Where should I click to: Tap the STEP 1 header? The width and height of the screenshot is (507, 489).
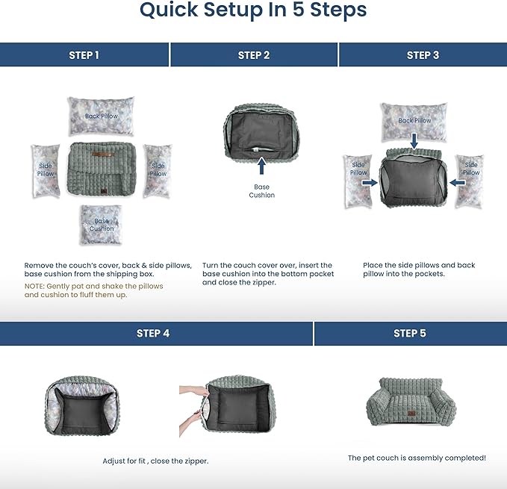(84, 55)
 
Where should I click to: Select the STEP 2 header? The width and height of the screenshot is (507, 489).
(254, 55)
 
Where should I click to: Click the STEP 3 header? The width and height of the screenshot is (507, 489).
(423, 55)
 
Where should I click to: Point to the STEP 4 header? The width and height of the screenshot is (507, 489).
(153, 334)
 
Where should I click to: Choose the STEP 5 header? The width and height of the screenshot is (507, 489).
(410, 334)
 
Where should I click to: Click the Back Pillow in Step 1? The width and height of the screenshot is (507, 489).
(102, 116)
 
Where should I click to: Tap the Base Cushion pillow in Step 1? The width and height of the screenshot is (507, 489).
(102, 225)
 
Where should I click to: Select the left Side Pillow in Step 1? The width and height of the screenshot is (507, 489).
(46, 170)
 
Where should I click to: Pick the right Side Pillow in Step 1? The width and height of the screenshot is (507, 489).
(158, 170)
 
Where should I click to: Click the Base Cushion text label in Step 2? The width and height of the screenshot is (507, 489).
(261, 191)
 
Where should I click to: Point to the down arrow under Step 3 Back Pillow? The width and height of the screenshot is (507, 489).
(414, 140)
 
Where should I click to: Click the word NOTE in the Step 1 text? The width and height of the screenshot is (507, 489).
(34, 286)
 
